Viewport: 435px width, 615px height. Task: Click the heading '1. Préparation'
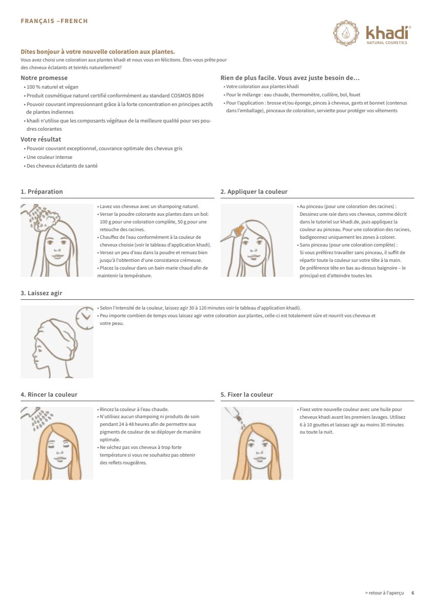click(x=42, y=192)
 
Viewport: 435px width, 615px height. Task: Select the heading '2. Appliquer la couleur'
click(x=254, y=192)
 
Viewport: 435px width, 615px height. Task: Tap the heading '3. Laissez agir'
click(x=41, y=293)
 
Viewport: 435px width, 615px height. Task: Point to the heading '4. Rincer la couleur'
click(x=49, y=395)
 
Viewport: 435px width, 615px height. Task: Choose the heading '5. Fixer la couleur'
click(x=247, y=395)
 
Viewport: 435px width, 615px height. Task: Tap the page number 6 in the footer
click(x=412, y=593)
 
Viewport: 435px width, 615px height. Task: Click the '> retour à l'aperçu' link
click(x=384, y=593)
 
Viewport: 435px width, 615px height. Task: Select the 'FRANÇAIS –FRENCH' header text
click(x=54, y=21)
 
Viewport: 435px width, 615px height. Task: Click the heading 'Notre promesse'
click(x=44, y=78)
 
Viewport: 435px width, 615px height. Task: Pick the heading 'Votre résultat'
click(x=41, y=139)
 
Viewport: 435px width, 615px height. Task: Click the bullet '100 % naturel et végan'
click(x=52, y=87)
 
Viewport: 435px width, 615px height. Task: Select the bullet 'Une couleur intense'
click(x=49, y=157)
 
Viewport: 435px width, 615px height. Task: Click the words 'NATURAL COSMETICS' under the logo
click(x=387, y=43)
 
